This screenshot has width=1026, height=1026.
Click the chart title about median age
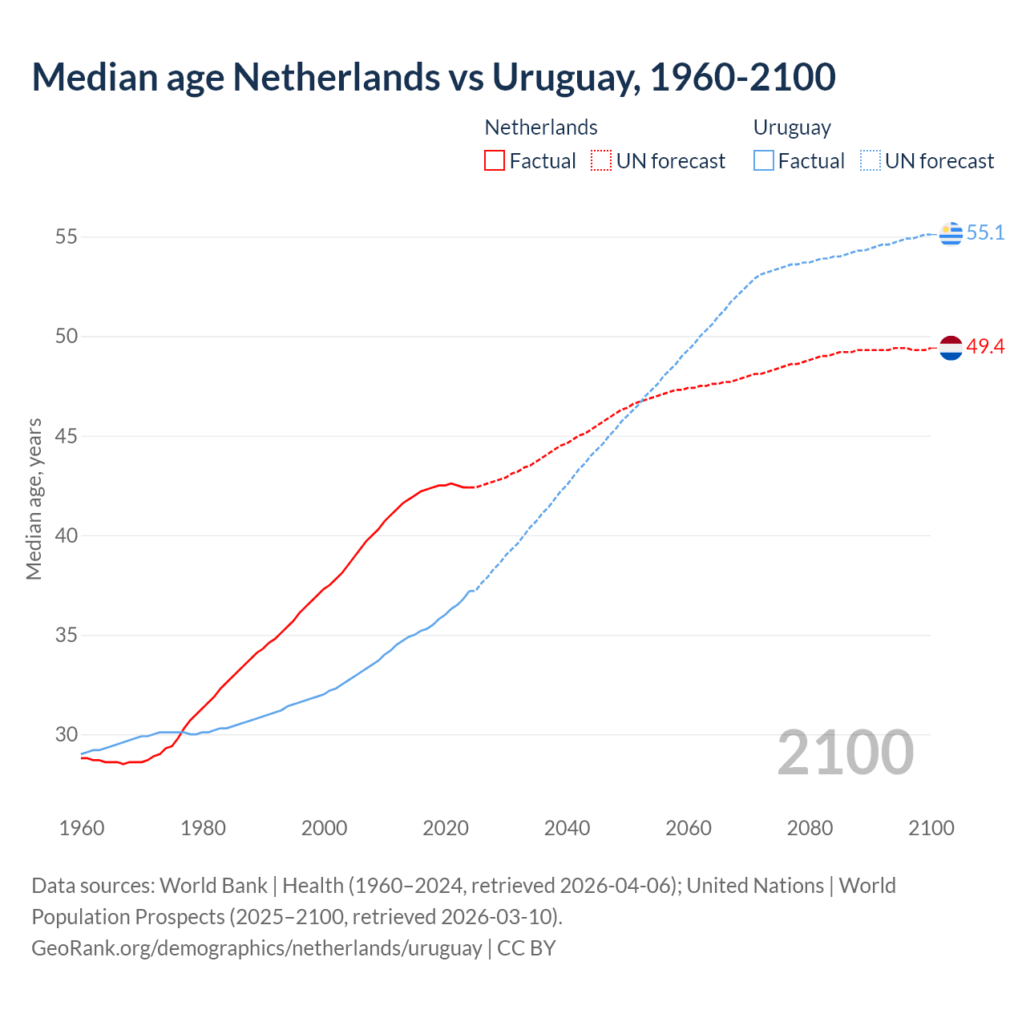click(434, 77)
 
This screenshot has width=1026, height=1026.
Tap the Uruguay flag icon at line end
click(951, 233)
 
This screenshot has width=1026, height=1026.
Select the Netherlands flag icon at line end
click(951, 348)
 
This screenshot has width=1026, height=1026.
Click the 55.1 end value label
click(985, 233)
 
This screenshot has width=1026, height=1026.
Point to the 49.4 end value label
click(985, 347)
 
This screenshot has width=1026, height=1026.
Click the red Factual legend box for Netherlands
click(495, 161)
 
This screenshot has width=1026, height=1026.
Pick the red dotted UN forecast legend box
click(601, 161)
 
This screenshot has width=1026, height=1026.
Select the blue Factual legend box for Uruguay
click(764, 161)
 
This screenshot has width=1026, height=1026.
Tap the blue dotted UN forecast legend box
click(870, 161)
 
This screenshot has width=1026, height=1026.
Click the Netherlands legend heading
click(541, 127)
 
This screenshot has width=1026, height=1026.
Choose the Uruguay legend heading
click(792, 127)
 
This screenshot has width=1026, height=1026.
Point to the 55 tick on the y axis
click(67, 237)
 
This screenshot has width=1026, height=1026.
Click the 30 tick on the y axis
click(67, 734)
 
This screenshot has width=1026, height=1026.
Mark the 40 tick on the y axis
click(67, 535)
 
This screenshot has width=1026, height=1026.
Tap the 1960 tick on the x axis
click(82, 828)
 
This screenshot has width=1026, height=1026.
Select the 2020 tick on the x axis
click(446, 828)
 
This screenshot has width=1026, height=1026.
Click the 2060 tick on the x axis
click(689, 828)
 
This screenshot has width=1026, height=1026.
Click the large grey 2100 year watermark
click(846, 753)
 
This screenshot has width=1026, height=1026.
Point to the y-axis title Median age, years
click(34, 499)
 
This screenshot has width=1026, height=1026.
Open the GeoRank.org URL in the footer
click(256, 948)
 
